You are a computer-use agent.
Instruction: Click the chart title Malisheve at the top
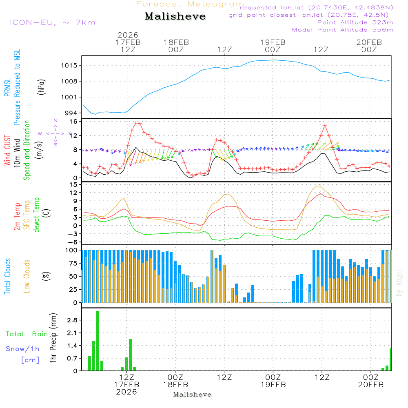(175, 16)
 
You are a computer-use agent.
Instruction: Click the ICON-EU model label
(52, 22)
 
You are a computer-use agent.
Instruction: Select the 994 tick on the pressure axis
(72, 113)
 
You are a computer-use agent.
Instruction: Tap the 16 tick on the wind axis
(74, 122)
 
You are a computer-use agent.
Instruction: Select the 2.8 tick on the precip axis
(72, 320)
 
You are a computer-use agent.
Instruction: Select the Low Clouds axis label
(27, 276)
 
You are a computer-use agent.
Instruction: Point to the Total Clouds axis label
(7, 276)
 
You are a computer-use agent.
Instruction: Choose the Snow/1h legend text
(22, 349)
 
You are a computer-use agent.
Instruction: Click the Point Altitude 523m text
(355, 22)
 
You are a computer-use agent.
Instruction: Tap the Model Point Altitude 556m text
(343, 30)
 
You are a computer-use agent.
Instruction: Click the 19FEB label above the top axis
(273, 42)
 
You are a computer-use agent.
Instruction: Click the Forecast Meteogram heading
(190, 4)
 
